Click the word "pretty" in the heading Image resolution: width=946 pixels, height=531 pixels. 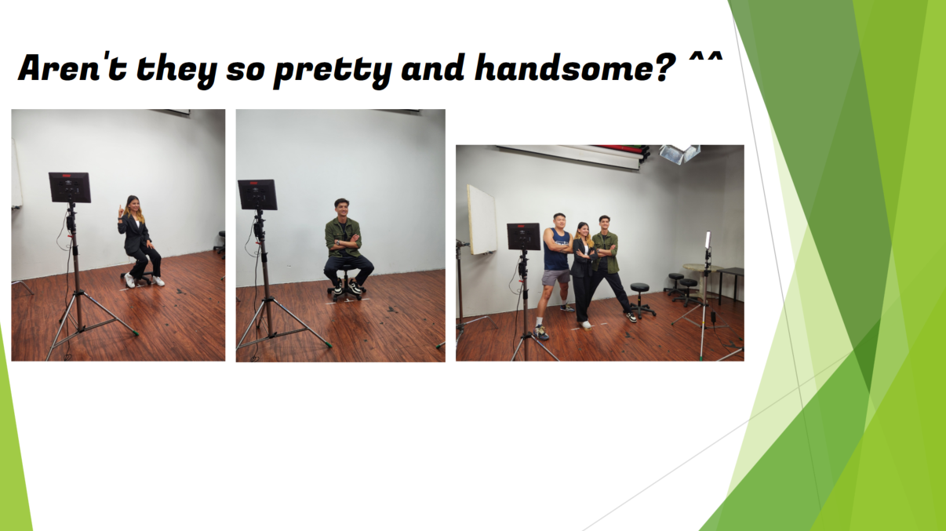tap(333, 70)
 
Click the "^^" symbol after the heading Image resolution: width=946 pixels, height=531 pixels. tap(706, 58)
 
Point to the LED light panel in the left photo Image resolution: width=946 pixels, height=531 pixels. tap(69, 187)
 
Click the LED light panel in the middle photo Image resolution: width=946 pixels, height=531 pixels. tap(257, 195)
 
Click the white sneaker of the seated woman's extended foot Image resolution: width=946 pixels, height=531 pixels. tap(158, 281)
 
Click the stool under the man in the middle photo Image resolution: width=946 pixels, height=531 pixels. tap(344, 283)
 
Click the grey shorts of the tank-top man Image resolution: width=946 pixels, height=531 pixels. tap(556, 277)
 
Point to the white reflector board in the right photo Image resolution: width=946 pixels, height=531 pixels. tap(482, 220)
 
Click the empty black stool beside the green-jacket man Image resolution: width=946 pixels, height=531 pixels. tap(641, 300)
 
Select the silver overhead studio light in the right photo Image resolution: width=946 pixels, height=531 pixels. tap(679, 154)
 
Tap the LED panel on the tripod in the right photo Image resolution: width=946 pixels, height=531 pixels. tap(523, 237)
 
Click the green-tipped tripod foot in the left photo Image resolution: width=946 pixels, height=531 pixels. tap(135, 333)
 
